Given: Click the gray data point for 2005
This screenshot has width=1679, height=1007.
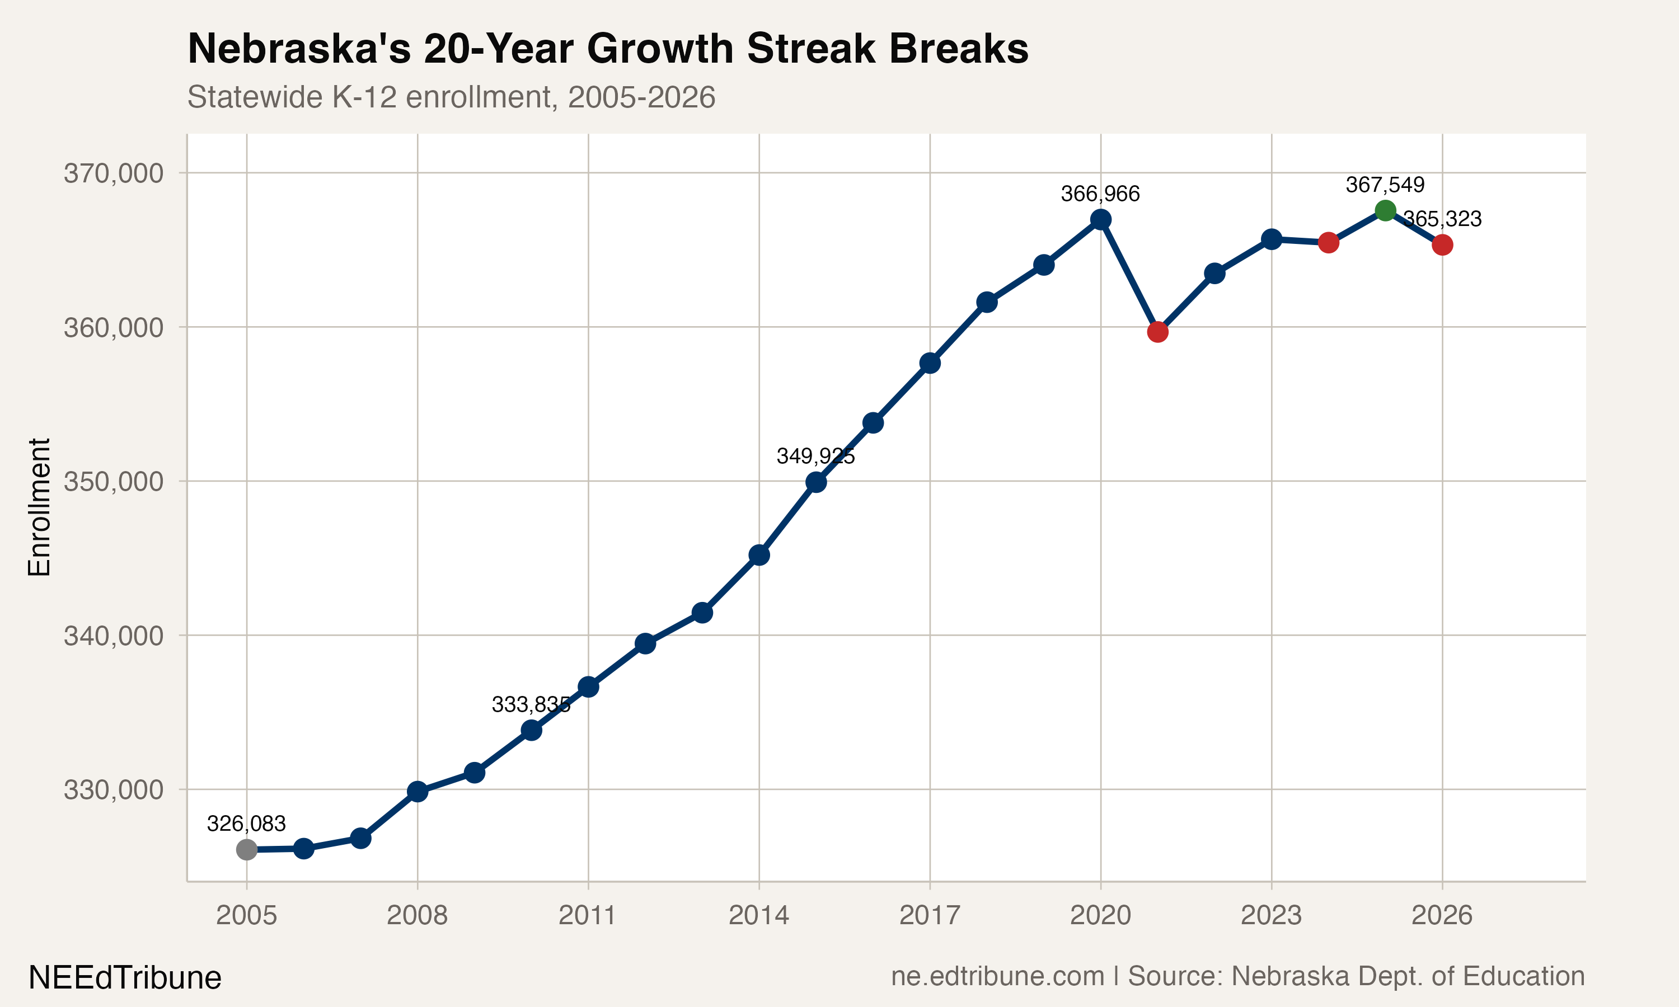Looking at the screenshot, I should click(246, 850).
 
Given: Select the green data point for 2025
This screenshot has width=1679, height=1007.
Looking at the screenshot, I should click(1385, 210).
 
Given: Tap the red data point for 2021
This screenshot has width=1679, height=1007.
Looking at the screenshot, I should click(1158, 332).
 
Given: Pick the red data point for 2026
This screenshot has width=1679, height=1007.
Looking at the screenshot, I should click(1442, 245).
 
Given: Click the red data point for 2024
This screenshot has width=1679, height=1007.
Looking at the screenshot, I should click(1328, 242).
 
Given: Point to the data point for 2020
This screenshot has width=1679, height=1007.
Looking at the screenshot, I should click(1101, 219).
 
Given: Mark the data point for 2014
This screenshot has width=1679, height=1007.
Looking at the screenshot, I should click(759, 555).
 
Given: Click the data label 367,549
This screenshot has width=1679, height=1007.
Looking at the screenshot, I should click(1385, 185).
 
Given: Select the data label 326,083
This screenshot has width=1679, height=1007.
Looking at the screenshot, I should click(246, 824).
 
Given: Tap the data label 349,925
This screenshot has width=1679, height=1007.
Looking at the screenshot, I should click(816, 456).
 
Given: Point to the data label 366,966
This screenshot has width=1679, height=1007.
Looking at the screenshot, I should click(1100, 194).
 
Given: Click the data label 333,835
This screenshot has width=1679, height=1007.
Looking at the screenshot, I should click(531, 704).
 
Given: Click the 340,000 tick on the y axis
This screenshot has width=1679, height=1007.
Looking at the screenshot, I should click(114, 636).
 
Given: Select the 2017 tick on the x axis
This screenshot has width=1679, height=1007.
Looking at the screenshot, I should click(930, 915).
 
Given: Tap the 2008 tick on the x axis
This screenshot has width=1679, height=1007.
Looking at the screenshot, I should click(418, 915).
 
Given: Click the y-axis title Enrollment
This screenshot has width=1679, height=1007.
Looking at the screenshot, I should click(39, 507).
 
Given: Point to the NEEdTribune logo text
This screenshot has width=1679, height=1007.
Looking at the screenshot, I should click(125, 978).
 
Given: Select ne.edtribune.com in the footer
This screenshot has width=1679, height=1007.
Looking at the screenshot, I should click(998, 976).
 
